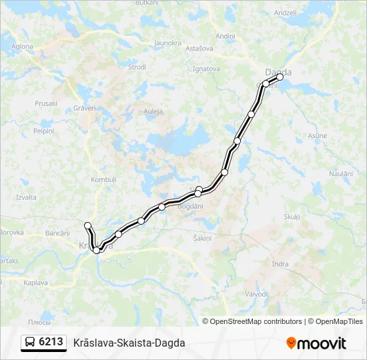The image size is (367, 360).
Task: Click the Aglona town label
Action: coord(22,46)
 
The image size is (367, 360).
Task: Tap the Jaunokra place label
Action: coord(167,43)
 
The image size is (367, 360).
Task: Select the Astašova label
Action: coord(198,49)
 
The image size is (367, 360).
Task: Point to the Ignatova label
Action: coord(206,68)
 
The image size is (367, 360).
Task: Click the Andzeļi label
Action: coord(285,13)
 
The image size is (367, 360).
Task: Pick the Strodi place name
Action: coord(137,67)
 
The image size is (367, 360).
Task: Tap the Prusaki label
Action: coord(46,103)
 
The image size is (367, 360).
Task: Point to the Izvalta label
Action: coord(26,197)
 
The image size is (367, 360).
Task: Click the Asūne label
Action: coord(317,135)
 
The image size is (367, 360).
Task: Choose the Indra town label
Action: coord(280,264)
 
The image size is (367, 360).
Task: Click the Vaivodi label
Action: coord(256,293)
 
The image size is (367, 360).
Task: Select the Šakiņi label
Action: coord(202,238)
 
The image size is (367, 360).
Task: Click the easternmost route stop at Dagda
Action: coord(280,77)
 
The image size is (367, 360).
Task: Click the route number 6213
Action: coord(51,342)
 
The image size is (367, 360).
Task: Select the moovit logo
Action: coord(316,343)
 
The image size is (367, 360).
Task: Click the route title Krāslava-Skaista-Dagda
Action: coord(129,343)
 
